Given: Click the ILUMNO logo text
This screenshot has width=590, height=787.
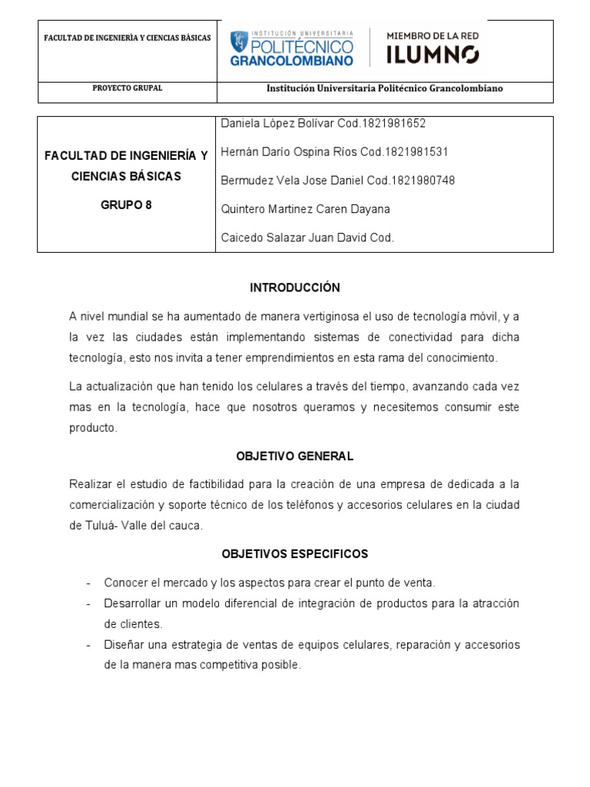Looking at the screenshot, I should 432,55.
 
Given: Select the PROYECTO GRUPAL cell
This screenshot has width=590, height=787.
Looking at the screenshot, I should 127,88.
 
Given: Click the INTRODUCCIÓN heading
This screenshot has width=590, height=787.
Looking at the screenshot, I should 295,287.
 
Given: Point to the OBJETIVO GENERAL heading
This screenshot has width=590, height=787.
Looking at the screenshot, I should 295,456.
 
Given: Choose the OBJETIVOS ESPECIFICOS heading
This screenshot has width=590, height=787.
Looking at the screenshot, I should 295,553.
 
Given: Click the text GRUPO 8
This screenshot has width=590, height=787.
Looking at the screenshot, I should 127,205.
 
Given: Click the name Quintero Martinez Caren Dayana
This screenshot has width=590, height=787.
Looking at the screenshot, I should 305,209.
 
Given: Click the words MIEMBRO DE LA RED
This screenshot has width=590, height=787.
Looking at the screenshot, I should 431,35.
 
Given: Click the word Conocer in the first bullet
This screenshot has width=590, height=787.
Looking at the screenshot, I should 124,583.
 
